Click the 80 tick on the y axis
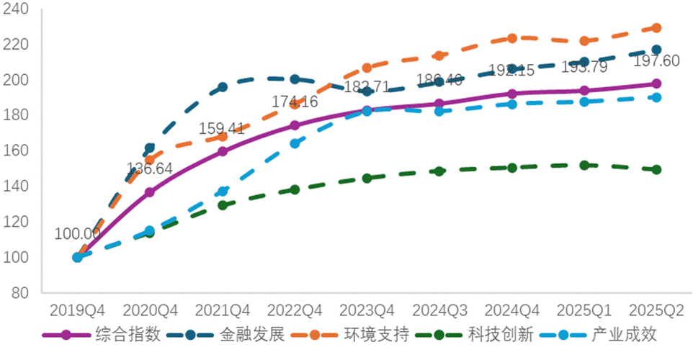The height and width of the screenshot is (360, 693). [22, 293]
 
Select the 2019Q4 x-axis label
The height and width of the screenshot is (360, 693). [77, 310]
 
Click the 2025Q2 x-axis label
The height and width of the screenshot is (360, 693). [656, 310]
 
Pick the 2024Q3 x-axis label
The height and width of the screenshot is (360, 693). [439, 310]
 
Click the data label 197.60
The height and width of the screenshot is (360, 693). [656, 61]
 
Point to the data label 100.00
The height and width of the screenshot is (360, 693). [77, 234]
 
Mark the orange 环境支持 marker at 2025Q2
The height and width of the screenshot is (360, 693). [656, 28]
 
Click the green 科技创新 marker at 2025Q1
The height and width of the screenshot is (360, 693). [584, 165]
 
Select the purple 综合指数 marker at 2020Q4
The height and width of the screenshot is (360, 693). [150, 192]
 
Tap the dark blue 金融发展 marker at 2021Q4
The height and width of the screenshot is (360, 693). [223, 87]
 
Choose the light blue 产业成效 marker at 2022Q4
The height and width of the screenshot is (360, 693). [295, 143]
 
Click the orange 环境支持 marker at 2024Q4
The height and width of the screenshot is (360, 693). [511, 38]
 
